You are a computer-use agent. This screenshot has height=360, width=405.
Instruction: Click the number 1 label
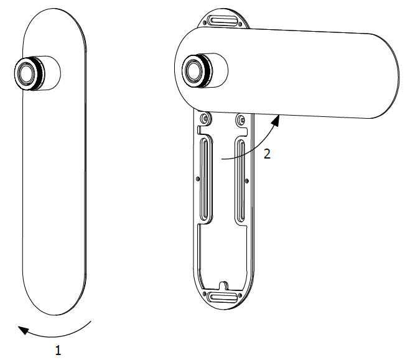point(58,350)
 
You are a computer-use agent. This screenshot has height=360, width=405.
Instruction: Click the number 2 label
point(267,154)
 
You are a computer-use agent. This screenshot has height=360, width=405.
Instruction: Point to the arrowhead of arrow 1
point(23,330)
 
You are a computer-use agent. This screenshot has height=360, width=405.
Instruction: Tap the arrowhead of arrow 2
point(276,121)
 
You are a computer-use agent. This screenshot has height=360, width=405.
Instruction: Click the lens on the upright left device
point(26,73)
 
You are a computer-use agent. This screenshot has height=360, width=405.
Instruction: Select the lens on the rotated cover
point(193,70)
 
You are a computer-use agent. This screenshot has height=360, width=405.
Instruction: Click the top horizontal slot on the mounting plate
point(223,21)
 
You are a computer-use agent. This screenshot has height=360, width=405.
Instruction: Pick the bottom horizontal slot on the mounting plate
point(223,297)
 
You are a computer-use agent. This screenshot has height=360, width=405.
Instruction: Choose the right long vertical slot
point(241,181)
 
